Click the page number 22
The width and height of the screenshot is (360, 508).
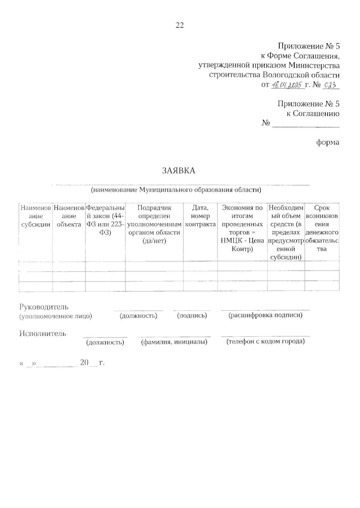(x=179, y=25)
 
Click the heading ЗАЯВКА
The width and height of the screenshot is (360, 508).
(x=178, y=171)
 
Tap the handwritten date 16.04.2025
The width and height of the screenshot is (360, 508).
(x=286, y=85)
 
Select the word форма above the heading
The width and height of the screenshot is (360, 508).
(x=328, y=142)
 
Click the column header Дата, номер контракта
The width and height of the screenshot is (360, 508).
(x=200, y=216)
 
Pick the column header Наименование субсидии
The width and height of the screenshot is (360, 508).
(x=36, y=216)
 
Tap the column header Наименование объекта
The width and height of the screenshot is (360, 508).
(x=69, y=216)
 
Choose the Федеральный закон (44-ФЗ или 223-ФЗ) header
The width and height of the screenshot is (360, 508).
(x=105, y=220)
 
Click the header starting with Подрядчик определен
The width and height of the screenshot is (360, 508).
(x=154, y=224)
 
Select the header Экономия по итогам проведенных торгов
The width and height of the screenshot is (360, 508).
(x=242, y=228)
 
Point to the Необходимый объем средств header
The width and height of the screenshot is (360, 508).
(x=286, y=232)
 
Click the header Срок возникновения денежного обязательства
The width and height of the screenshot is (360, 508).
(x=322, y=228)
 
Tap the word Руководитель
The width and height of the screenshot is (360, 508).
(x=44, y=307)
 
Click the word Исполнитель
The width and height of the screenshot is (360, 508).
(x=43, y=334)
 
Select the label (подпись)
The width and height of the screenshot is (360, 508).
(x=192, y=315)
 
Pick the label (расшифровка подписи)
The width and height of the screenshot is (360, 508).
(x=265, y=315)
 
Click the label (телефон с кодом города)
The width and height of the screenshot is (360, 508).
(x=265, y=341)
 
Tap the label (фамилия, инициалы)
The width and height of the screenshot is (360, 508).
(x=174, y=342)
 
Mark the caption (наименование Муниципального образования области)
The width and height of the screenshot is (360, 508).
(x=176, y=190)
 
